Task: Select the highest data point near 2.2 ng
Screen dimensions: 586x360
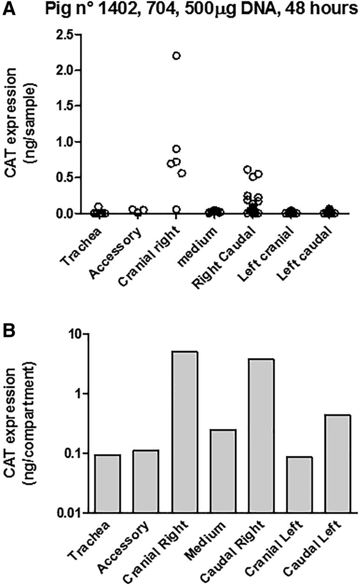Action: point(176,56)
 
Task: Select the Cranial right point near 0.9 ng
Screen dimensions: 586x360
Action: point(176,149)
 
